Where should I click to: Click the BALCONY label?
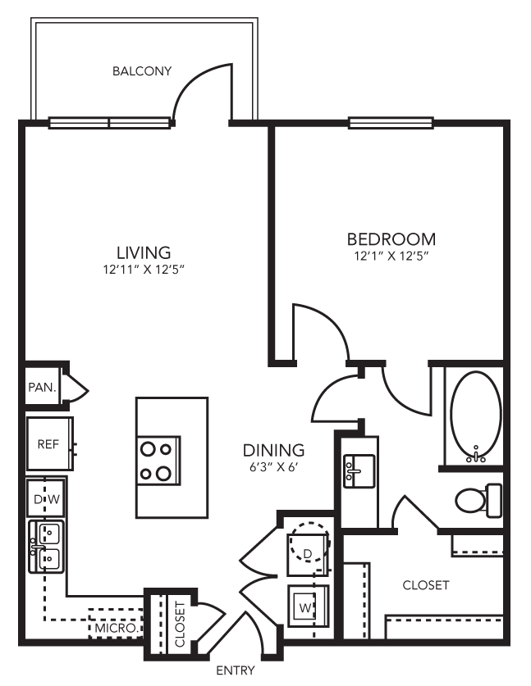click(x=142, y=70)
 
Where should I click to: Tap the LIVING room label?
click(x=143, y=252)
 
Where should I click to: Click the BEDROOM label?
click(x=391, y=239)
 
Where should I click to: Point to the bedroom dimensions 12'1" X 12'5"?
click(x=391, y=257)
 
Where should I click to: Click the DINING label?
click(x=273, y=450)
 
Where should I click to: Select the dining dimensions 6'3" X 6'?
click(x=273, y=467)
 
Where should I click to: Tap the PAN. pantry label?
click(x=43, y=387)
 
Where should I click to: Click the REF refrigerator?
click(x=48, y=443)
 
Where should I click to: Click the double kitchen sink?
click(x=47, y=547)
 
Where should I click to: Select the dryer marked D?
click(x=308, y=553)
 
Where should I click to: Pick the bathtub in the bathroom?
click(x=474, y=416)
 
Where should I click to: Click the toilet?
click(x=478, y=499)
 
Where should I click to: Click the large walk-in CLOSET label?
click(x=425, y=585)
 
